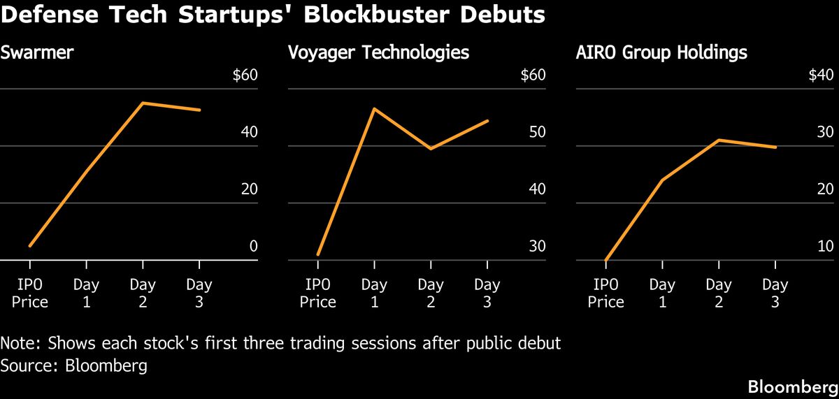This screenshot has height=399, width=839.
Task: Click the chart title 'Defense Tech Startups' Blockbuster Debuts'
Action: click(273, 15)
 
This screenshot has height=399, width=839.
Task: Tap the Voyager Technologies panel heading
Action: click(378, 52)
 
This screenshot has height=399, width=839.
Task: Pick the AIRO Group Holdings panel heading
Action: click(661, 52)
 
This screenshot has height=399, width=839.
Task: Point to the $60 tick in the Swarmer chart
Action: click(245, 75)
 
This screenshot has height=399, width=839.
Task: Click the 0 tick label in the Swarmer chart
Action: click(253, 246)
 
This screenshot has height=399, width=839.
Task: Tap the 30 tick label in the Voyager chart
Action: click(536, 246)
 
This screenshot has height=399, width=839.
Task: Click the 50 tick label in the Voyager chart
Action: click(536, 133)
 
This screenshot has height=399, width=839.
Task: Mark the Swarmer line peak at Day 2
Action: click(143, 103)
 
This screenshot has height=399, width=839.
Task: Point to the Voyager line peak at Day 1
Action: click(374, 109)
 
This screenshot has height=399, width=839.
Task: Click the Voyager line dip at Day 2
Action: click(431, 148)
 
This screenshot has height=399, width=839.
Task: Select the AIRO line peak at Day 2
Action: click(719, 140)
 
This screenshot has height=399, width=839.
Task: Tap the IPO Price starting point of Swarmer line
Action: click(30, 246)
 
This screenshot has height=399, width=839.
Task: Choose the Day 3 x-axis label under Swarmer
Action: click(199, 293)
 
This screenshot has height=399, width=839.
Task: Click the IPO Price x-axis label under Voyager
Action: click(317, 293)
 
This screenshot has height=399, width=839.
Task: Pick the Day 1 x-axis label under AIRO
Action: click(662, 293)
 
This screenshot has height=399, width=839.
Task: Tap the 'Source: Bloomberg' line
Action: click(74, 365)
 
